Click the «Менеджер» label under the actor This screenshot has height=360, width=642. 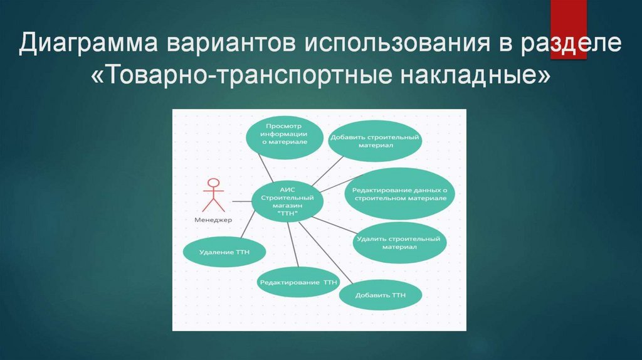coord(213,220)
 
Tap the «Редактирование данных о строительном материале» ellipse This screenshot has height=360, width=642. coord(400,193)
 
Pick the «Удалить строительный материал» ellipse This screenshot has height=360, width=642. coord(399,243)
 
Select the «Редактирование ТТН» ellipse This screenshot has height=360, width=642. coord(298,283)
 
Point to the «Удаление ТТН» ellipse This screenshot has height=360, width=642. coord(224,253)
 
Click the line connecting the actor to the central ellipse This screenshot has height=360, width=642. coord(241,201)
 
